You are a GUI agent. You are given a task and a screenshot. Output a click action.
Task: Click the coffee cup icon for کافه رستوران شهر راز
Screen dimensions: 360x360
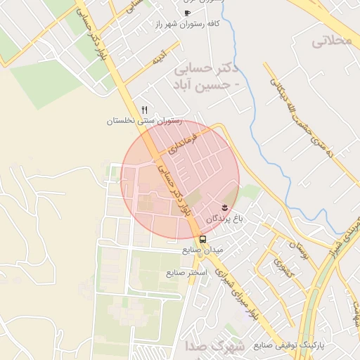[187, 13]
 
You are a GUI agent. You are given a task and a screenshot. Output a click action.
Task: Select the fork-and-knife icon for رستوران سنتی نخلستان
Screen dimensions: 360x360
[144, 110]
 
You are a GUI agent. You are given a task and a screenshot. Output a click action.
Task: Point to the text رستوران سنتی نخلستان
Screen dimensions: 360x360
[144, 121]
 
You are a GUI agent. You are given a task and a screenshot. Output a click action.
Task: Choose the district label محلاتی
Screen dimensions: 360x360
[331, 41]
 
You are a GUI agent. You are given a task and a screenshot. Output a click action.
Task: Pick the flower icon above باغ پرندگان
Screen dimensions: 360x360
[224, 207]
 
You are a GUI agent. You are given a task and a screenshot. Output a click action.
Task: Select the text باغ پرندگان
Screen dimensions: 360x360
[224, 219]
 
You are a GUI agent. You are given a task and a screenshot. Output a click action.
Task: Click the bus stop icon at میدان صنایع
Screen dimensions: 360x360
[202, 239]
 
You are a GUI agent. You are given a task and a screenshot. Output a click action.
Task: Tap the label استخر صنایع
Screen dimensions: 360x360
[186, 272]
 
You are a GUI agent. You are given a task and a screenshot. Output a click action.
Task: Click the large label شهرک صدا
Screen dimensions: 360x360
[215, 347]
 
